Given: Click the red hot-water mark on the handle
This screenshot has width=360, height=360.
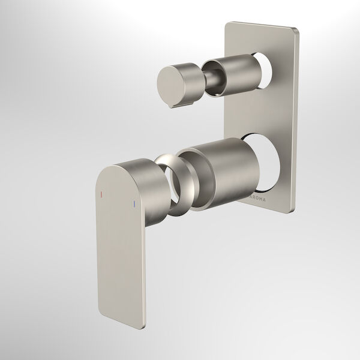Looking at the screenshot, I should tap(103, 195).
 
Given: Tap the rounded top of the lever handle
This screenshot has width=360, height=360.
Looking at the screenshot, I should tap(129, 165).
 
